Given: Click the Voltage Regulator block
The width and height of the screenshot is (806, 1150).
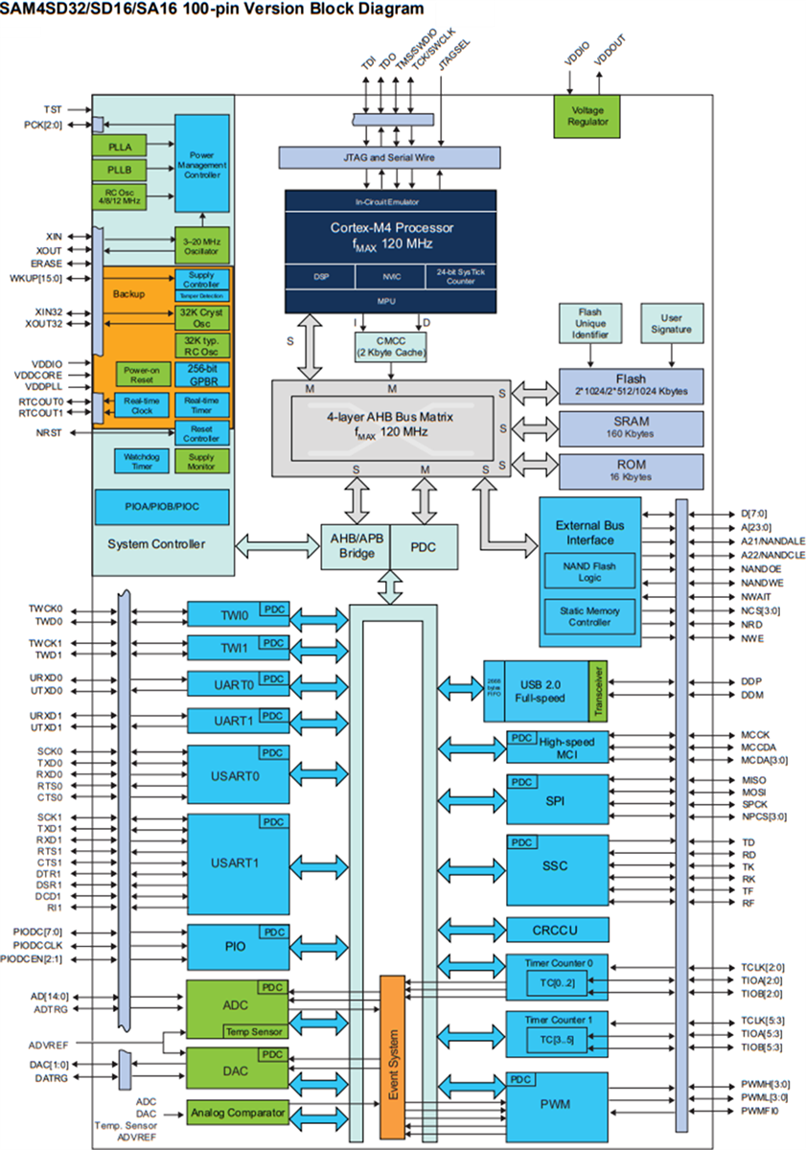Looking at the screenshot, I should pos(587,116).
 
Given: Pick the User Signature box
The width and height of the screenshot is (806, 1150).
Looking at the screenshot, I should pos(671,324).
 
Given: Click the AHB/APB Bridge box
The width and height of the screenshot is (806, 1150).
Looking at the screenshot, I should pos(355,545).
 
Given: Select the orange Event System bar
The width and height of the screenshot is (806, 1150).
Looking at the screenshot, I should pos(393,1054).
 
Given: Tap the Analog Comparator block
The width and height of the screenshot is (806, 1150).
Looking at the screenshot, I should pos(238,1113).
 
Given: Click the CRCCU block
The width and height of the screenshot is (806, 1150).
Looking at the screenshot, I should pos(557,930).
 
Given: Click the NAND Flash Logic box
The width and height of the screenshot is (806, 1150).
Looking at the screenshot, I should pos(588,572).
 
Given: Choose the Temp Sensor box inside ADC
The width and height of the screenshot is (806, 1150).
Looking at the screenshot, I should pos(253,1031).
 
